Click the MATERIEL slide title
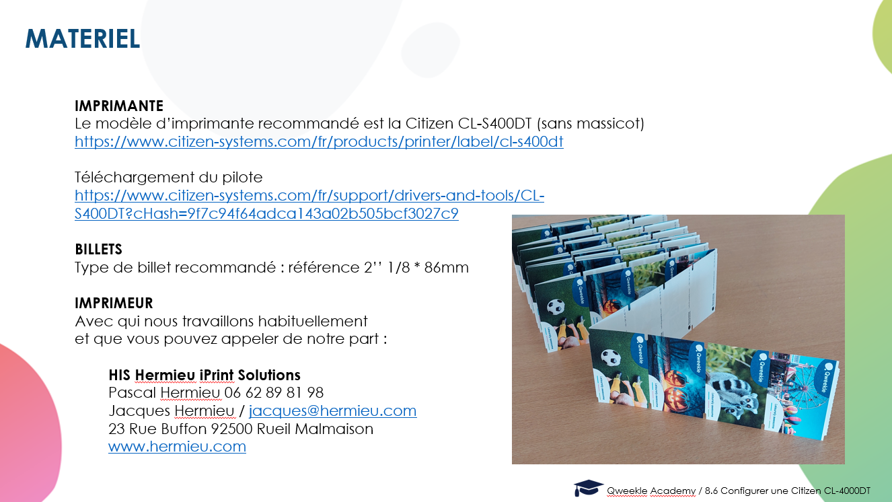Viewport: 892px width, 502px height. tap(83, 39)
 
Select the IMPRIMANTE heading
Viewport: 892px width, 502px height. tap(119, 106)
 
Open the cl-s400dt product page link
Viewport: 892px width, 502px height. tap(319, 142)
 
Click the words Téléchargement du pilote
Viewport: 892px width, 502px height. tap(169, 177)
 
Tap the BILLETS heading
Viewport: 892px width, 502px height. tap(98, 250)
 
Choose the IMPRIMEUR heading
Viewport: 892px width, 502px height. tap(114, 303)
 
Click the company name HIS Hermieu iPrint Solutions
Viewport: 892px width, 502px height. tap(205, 375)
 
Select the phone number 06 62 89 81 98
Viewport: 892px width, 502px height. tap(274, 393)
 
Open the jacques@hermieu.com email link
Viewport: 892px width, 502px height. tap(332, 410)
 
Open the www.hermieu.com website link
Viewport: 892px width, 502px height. tap(177, 447)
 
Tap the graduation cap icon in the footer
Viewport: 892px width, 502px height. tap(588, 488)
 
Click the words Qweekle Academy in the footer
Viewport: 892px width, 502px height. tap(651, 491)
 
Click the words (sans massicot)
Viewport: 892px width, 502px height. tap(591, 124)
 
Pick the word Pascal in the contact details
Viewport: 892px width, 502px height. tap(133, 393)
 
